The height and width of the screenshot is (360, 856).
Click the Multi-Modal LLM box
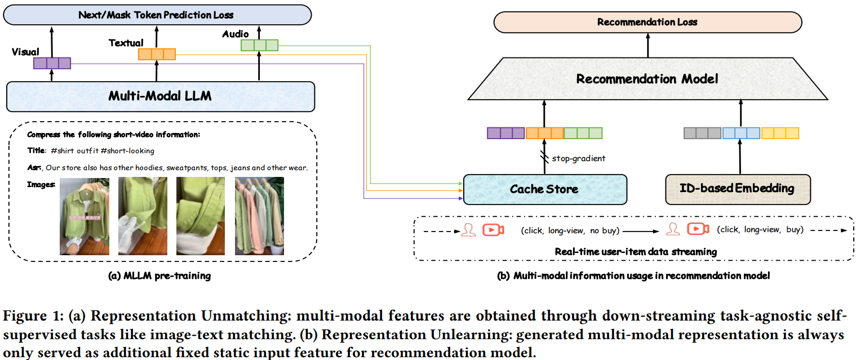[160, 96]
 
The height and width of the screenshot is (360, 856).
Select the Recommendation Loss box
[647, 23]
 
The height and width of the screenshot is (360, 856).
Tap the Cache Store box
[544, 189]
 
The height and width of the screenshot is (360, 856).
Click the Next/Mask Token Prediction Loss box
[156, 15]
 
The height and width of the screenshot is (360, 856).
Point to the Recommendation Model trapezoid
[647, 79]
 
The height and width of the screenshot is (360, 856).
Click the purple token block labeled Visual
[52, 63]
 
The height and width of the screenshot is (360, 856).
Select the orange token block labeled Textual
[157, 54]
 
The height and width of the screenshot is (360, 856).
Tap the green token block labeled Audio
[259, 45]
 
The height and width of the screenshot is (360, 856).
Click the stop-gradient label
[578, 158]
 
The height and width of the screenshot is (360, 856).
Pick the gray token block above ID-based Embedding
[702, 133]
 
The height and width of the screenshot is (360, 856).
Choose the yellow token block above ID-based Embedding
[780, 133]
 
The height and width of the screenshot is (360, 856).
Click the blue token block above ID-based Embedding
[741, 133]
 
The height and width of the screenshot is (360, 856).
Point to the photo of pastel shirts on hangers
[259, 216]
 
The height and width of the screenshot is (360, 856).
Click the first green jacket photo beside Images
[85, 216]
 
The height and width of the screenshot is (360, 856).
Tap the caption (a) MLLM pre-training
[161, 275]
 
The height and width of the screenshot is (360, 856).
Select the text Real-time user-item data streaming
[636, 252]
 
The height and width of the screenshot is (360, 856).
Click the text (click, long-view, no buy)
[570, 229]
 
